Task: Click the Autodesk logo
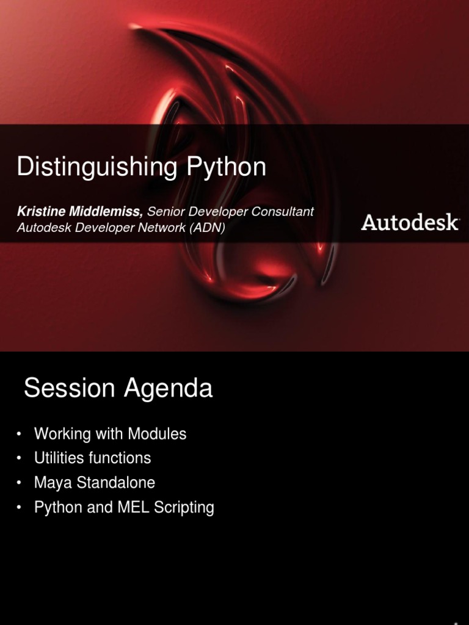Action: pos(410,222)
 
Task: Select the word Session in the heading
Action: pos(70,388)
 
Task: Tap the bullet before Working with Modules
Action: pos(20,434)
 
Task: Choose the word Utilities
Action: pos(59,458)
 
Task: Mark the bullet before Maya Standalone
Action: pos(20,483)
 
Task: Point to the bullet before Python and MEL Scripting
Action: pos(20,507)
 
